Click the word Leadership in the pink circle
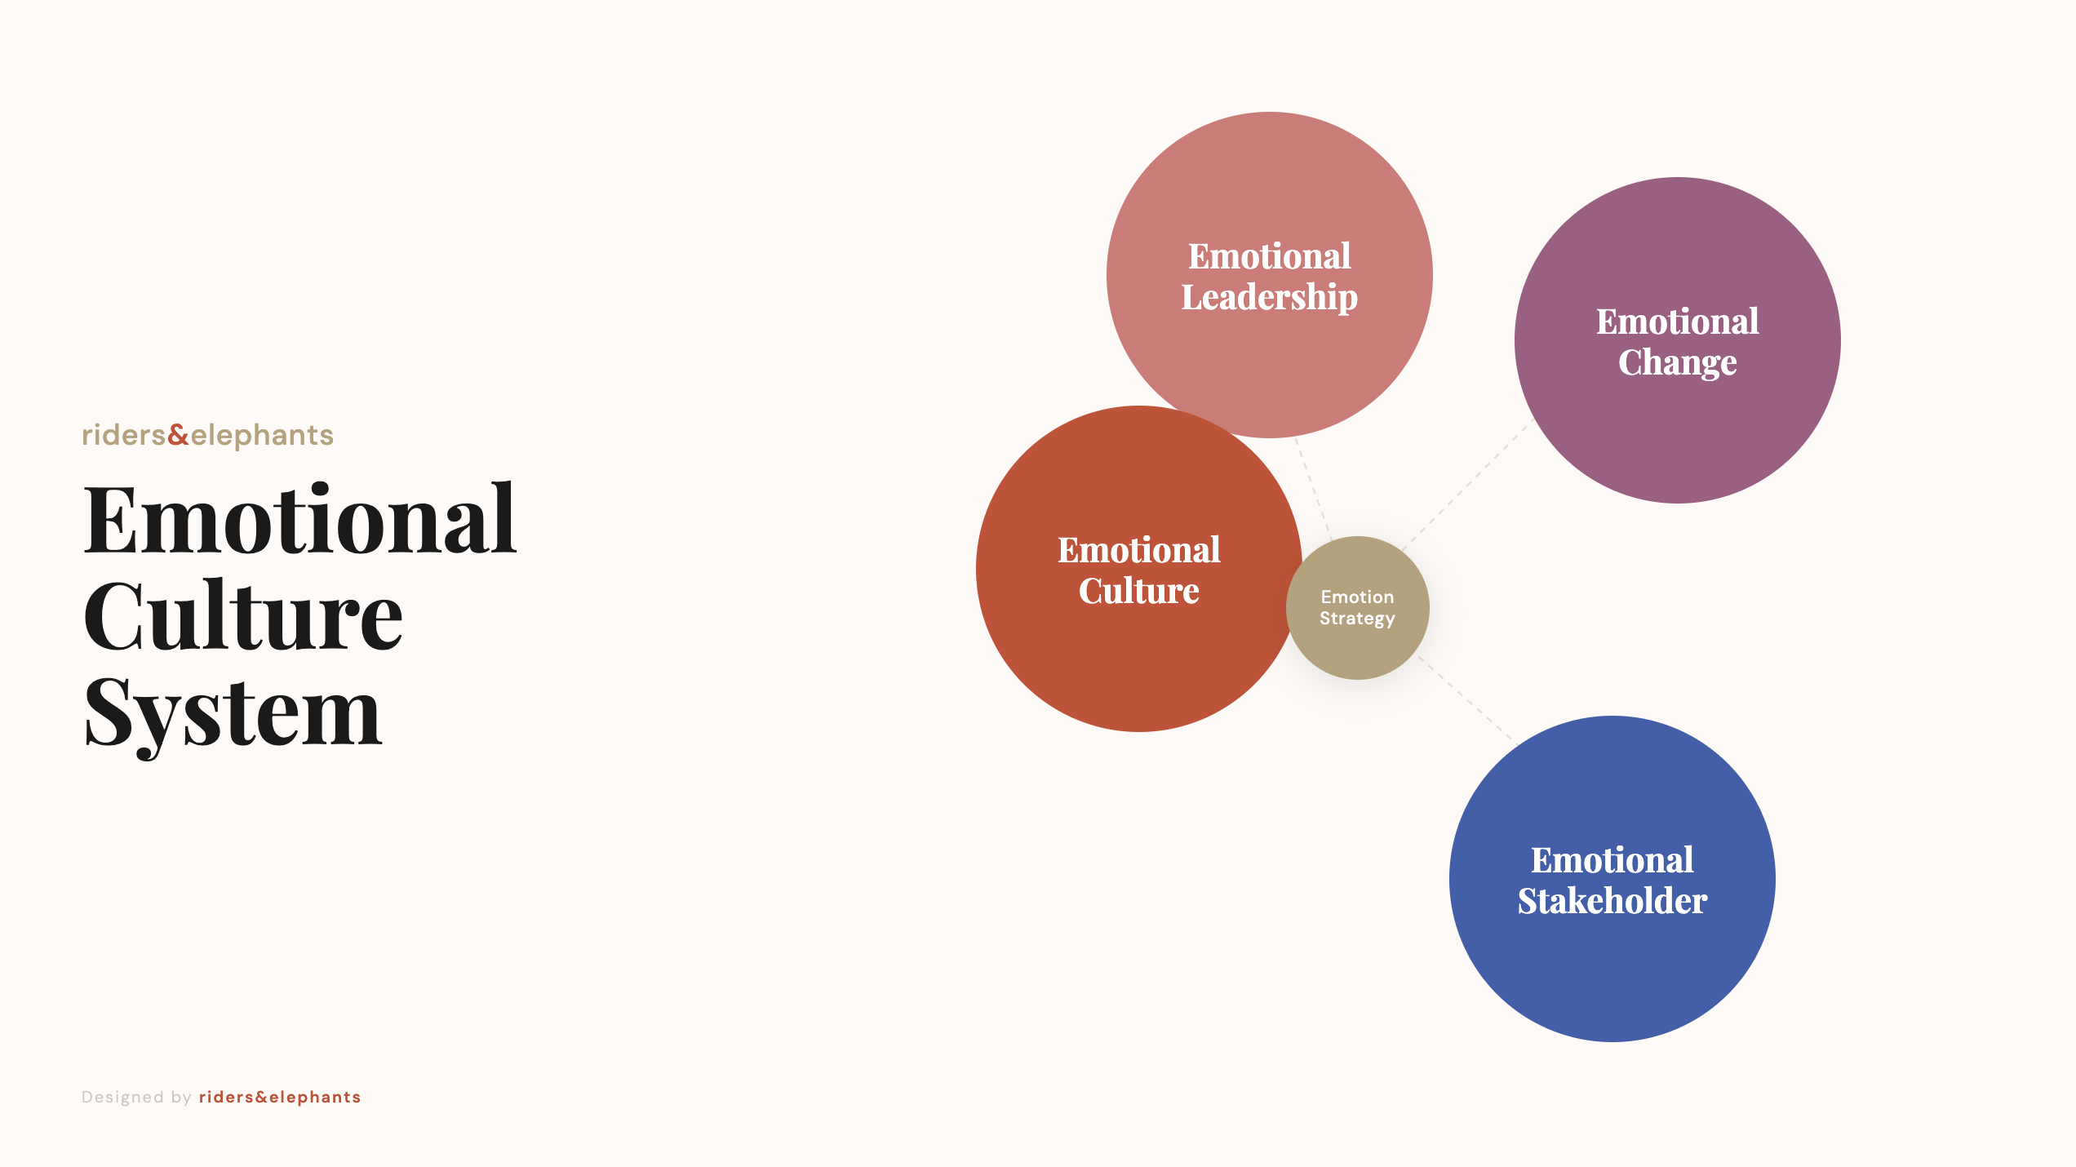(x=1269, y=298)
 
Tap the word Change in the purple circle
(x=1677, y=362)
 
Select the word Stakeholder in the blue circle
(x=1612, y=901)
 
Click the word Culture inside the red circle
(x=1138, y=591)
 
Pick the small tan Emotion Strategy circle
(x=1357, y=645)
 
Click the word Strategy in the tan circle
(x=1357, y=619)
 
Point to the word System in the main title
(x=233, y=713)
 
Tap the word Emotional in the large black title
(x=299, y=520)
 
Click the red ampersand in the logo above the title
(x=178, y=435)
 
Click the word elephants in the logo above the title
(x=262, y=435)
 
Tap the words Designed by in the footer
(x=136, y=1097)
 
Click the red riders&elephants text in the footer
(x=279, y=1097)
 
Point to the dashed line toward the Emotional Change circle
(x=1465, y=486)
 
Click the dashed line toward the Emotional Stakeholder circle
(x=1466, y=698)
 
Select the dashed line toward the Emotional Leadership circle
(x=1313, y=490)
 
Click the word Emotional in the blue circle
(x=1612, y=860)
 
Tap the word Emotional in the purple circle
(x=1677, y=322)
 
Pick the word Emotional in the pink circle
(x=1269, y=256)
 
